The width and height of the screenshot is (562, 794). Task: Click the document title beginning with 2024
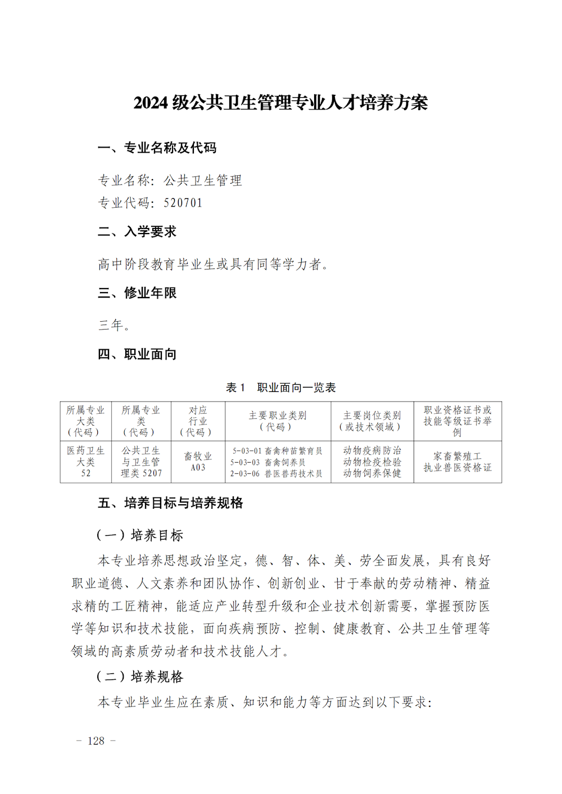click(x=280, y=103)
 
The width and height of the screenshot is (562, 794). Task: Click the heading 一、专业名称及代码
click(x=157, y=148)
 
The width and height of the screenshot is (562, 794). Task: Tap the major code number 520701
click(x=183, y=203)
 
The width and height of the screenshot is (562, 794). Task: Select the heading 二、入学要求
click(x=137, y=231)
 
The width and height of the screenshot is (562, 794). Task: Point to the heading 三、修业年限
click(x=137, y=293)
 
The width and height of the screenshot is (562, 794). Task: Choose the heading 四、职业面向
click(x=137, y=354)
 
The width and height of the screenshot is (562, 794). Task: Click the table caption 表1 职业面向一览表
click(x=280, y=387)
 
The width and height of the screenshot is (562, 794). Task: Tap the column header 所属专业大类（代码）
click(x=85, y=421)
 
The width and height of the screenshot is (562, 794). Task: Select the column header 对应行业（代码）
click(x=198, y=421)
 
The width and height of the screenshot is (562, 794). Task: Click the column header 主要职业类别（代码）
click(x=278, y=421)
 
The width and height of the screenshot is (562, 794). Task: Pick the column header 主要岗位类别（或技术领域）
click(x=372, y=421)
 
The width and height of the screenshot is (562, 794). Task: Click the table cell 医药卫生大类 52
click(x=85, y=462)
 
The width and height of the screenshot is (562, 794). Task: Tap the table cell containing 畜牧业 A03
click(x=198, y=462)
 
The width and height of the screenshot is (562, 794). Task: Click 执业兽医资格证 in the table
click(x=457, y=468)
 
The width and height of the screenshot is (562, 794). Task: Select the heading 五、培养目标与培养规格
click(x=170, y=503)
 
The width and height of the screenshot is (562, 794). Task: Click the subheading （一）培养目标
click(x=140, y=535)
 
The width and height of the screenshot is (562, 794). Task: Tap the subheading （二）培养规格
click(x=140, y=677)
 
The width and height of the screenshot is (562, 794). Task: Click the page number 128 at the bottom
click(x=96, y=741)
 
